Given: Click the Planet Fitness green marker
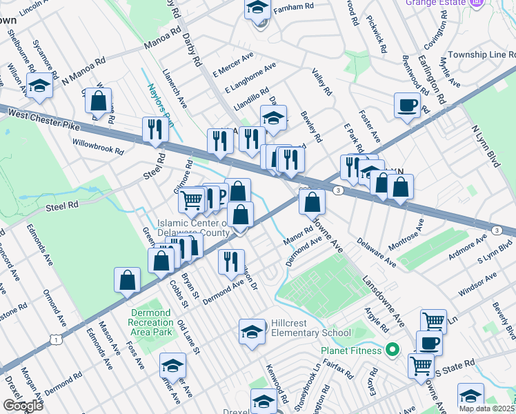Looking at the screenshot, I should (x=393, y=350).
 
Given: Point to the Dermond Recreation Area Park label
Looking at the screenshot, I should (x=150, y=322).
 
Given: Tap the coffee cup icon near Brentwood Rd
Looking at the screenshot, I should (x=407, y=105).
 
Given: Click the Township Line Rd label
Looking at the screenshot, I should (x=480, y=55).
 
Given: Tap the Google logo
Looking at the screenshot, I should (x=23, y=406).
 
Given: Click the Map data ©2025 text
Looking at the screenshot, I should (x=486, y=408).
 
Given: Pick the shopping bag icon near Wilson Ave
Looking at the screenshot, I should (x=99, y=101).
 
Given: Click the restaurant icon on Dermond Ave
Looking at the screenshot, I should (x=231, y=261).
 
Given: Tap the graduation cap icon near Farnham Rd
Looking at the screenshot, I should (x=257, y=9).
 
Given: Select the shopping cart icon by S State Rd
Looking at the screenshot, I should (x=421, y=365).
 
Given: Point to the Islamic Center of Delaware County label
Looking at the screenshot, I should (x=193, y=228).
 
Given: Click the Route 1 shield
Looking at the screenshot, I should (x=54, y=339).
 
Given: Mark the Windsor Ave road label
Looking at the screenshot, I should (x=477, y=285).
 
